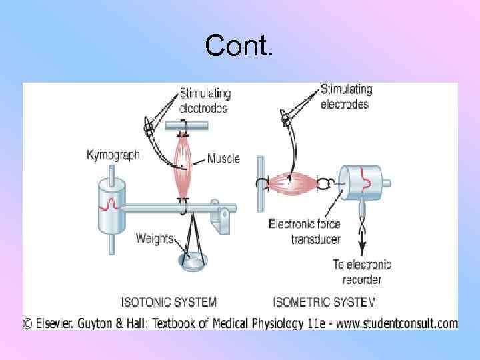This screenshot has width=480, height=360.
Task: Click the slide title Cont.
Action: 239,47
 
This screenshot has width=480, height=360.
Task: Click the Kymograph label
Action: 113,155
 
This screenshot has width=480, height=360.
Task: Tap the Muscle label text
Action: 223,159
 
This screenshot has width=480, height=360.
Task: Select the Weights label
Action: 155,238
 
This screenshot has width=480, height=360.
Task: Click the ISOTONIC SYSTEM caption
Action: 168,301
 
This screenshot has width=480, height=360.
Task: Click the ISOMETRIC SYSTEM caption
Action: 325,301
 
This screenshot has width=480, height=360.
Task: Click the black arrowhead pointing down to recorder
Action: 362,249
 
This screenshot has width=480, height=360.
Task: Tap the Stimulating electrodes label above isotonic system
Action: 204,101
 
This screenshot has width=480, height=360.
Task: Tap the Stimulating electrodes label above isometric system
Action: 345,96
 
